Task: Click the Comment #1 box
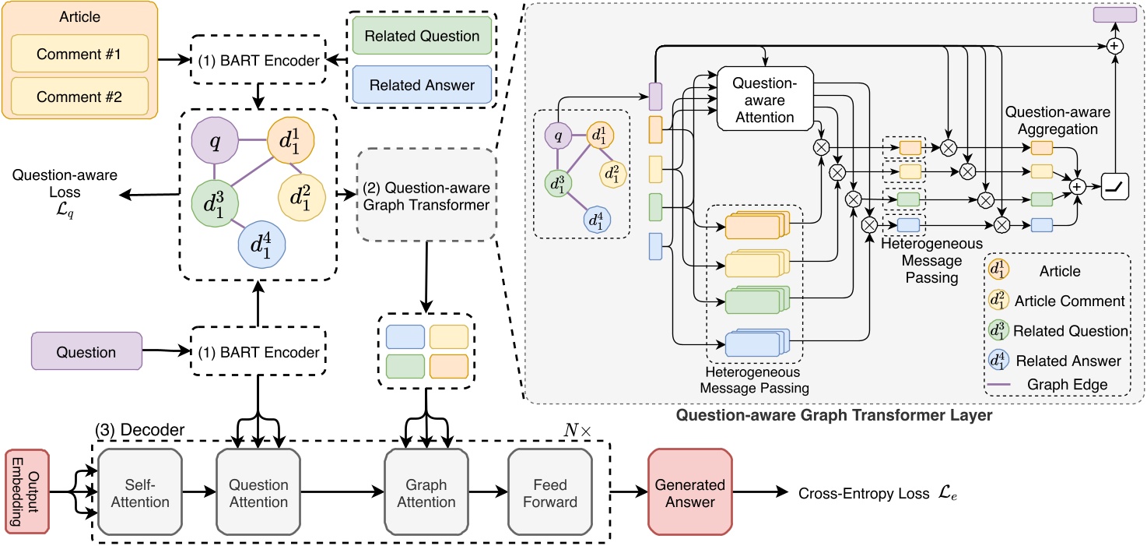tap(79, 56)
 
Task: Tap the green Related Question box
tap(422, 35)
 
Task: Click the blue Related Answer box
tap(422, 85)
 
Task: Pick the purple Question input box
tap(86, 352)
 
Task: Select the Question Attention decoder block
tap(258, 493)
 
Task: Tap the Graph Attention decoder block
tap(426, 493)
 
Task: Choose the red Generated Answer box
tap(689, 493)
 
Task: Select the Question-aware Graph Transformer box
tap(426, 196)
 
